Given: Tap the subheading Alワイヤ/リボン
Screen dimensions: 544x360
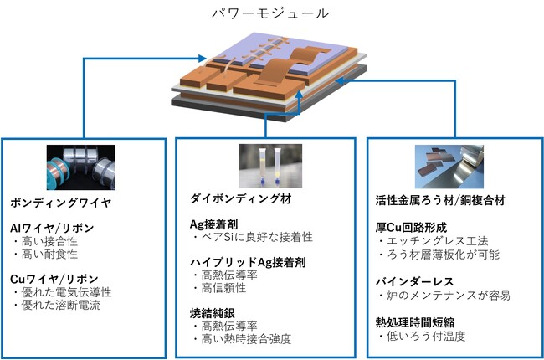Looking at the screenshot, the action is (x=53, y=229).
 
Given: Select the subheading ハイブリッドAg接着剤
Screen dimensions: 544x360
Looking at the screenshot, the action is (x=245, y=262).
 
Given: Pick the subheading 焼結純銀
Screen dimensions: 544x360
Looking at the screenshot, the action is (x=213, y=312).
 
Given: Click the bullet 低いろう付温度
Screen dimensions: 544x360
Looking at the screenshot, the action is (x=425, y=337).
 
